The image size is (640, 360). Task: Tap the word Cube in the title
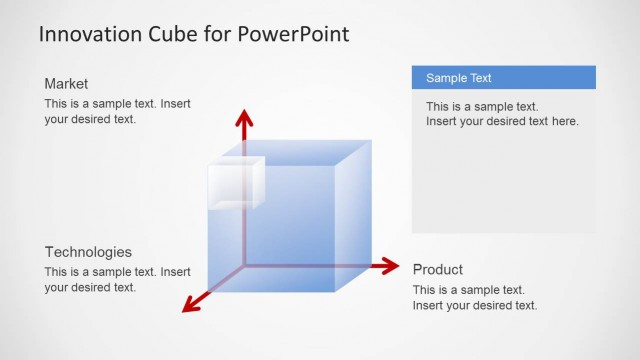(175, 34)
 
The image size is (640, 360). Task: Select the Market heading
(66, 83)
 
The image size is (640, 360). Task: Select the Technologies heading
(88, 252)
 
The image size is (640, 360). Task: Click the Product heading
(438, 269)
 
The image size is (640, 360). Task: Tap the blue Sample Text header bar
(503, 77)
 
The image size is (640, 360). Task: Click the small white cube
(234, 183)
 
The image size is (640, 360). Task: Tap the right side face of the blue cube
(352, 215)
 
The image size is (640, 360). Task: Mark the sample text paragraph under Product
(475, 297)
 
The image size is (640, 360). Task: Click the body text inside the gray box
(502, 114)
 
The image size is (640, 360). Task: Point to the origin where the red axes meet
(243, 266)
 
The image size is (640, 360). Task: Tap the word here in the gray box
(564, 121)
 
